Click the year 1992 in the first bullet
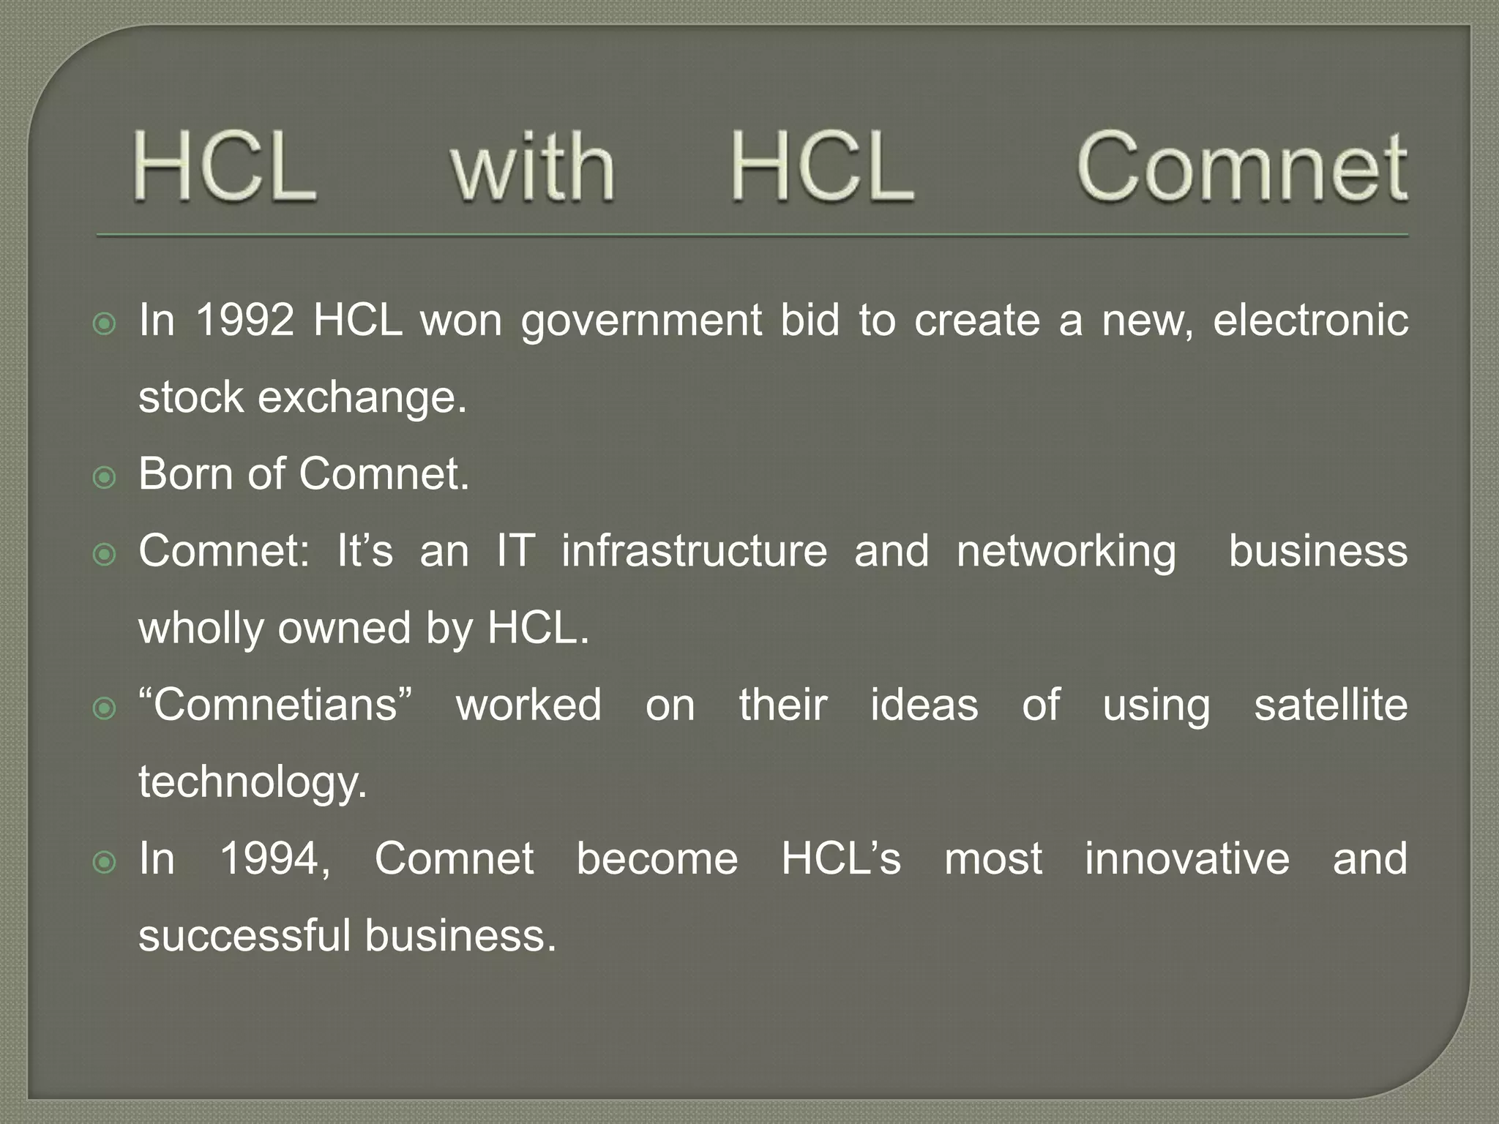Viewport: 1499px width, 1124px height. [245, 320]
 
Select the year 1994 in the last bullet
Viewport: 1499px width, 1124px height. [275, 858]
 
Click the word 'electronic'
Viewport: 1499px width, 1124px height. [1310, 320]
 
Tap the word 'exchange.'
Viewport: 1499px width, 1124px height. [362, 399]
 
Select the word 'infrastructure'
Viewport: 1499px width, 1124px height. [694, 550]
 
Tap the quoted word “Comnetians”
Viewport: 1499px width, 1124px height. [276, 705]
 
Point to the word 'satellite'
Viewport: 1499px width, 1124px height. [1331, 705]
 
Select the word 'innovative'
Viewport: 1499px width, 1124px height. [1186, 858]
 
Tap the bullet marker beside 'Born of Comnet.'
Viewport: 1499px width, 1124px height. [105, 478]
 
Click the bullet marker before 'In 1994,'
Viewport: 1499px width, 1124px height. [105, 863]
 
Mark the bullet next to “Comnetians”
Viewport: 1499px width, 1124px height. [105, 709]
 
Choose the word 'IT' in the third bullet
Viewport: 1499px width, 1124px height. [515, 550]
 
